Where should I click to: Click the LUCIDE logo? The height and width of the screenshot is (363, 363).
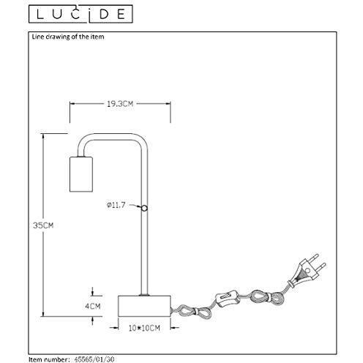click(x=81, y=14)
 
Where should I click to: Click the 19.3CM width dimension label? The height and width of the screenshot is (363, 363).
click(x=120, y=104)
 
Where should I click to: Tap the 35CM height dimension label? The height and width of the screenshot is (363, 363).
click(x=43, y=225)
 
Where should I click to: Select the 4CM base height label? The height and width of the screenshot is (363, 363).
click(x=93, y=306)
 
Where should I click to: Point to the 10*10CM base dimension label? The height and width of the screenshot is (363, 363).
click(x=144, y=328)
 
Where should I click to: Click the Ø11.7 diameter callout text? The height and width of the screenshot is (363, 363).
click(x=116, y=205)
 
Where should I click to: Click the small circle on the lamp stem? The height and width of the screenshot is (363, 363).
click(x=145, y=208)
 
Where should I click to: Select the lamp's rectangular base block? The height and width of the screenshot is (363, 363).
click(x=144, y=306)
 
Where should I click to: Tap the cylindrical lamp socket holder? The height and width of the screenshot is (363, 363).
click(x=81, y=174)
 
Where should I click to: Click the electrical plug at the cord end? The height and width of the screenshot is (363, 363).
click(x=308, y=269)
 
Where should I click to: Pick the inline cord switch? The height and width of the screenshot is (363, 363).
click(x=227, y=298)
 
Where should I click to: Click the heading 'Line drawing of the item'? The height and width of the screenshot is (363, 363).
click(x=68, y=37)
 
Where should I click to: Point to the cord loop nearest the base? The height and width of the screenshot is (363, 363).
click(x=192, y=312)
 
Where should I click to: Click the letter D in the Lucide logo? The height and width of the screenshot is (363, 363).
click(x=104, y=15)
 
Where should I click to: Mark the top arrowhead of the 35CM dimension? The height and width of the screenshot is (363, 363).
click(x=43, y=136)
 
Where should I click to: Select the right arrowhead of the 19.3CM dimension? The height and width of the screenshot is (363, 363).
click(x=168, y=104)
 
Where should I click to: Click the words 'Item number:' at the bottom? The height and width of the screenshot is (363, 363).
click(x=49, y=359)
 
